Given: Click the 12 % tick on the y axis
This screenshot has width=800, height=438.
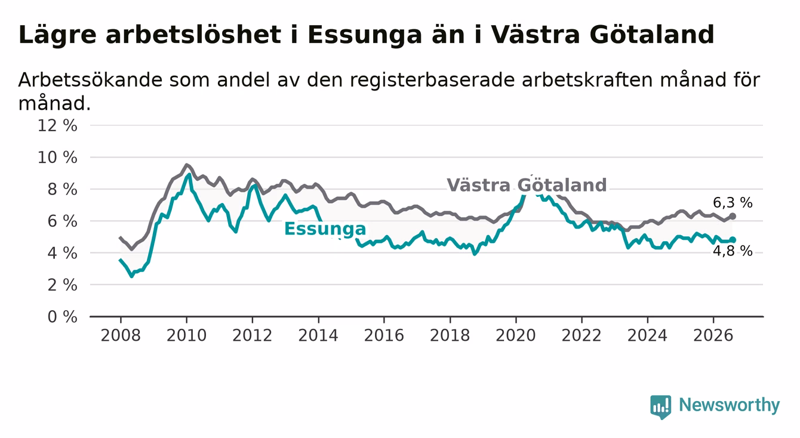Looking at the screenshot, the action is (57, 126).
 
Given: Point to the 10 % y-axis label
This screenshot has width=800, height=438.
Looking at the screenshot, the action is (57, 158).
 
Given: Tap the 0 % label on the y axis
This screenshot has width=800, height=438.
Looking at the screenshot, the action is (63, 317).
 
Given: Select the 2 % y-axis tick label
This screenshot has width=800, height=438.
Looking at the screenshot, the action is (63, 285).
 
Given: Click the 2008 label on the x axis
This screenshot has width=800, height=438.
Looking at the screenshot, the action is (121, 336).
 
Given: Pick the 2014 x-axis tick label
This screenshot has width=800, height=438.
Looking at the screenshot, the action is (318, 336).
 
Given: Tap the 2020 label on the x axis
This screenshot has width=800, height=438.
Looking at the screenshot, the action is (516, 336).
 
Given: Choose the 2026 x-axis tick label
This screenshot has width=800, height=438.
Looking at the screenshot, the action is (713, 336).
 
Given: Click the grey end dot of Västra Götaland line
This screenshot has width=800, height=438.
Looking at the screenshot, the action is (733, 217).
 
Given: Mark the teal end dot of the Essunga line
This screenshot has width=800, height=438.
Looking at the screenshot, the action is (733, 240).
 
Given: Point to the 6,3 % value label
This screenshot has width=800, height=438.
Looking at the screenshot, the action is (733, 203).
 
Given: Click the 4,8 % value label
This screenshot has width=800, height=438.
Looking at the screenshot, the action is (733, 251).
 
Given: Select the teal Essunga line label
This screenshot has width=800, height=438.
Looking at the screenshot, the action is (325, 229).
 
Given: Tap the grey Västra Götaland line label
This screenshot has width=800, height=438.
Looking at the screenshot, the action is (527, 185).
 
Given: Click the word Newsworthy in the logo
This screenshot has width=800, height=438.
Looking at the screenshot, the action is (730, 405).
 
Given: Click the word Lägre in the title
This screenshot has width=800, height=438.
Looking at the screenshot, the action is (57, 36).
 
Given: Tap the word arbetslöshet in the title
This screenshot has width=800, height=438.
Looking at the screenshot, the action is (193, 35).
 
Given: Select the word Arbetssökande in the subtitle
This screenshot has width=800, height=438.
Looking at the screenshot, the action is (91, 79).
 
